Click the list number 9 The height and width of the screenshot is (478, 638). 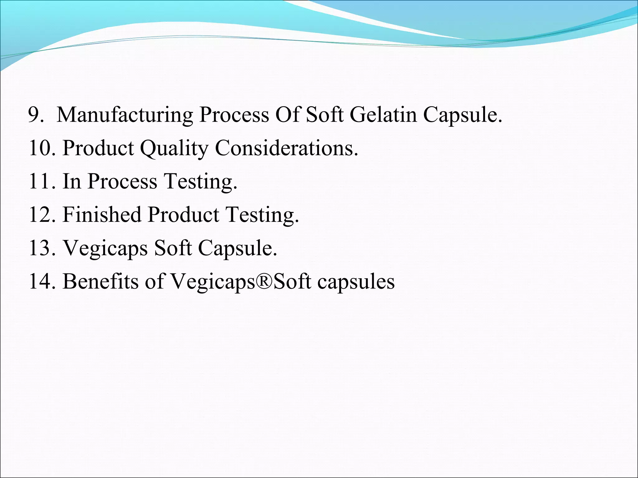pos(36,115)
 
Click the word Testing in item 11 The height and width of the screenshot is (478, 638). pos(200,182)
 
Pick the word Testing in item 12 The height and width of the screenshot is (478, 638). pos(262,215)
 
